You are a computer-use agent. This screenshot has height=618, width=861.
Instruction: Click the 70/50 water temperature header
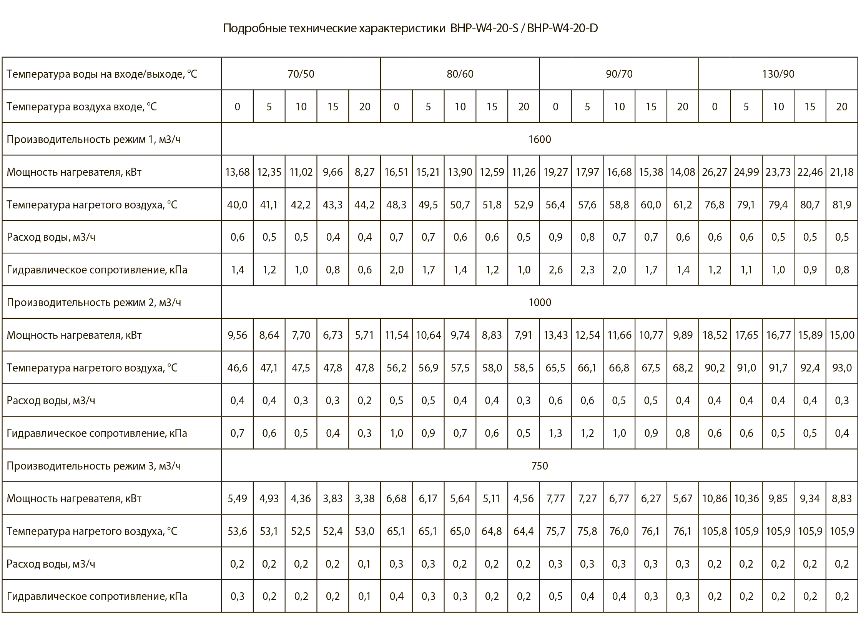(x=301, y=74)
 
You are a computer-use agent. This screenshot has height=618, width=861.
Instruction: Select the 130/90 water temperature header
(x=778, y=74)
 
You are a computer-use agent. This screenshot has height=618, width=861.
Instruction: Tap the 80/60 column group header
(x=460, y=74)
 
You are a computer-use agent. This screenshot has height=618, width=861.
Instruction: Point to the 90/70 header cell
(x=619, y=74)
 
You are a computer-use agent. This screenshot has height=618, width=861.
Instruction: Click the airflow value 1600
(x=539, y=139)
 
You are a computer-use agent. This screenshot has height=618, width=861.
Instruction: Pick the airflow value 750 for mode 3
(x=539, y=466)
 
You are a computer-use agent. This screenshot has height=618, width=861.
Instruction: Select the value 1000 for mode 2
(x=539, y=302)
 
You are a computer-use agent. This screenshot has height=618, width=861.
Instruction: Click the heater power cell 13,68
(x=237, y=172)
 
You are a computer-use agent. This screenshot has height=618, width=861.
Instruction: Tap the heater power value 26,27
(x=714, y=172)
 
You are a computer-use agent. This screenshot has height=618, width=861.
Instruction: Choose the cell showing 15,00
(x=841, y=335)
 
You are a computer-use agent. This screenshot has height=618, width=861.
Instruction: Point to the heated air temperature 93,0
(x=841, y=368)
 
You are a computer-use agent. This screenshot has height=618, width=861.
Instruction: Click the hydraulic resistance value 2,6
(x=555, y=270)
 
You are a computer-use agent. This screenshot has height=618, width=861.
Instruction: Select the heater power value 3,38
(x=364, y=498)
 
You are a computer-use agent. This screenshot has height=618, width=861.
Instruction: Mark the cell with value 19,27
(x=555, y=172)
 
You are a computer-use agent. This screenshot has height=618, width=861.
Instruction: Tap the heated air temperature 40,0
(x=237, y=205)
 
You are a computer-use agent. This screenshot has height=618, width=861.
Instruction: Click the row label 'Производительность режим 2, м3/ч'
(x=94, y=302)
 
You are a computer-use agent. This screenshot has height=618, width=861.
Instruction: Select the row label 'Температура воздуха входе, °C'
(x=82, y=107)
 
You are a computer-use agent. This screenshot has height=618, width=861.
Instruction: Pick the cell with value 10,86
(x=714, y=498)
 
